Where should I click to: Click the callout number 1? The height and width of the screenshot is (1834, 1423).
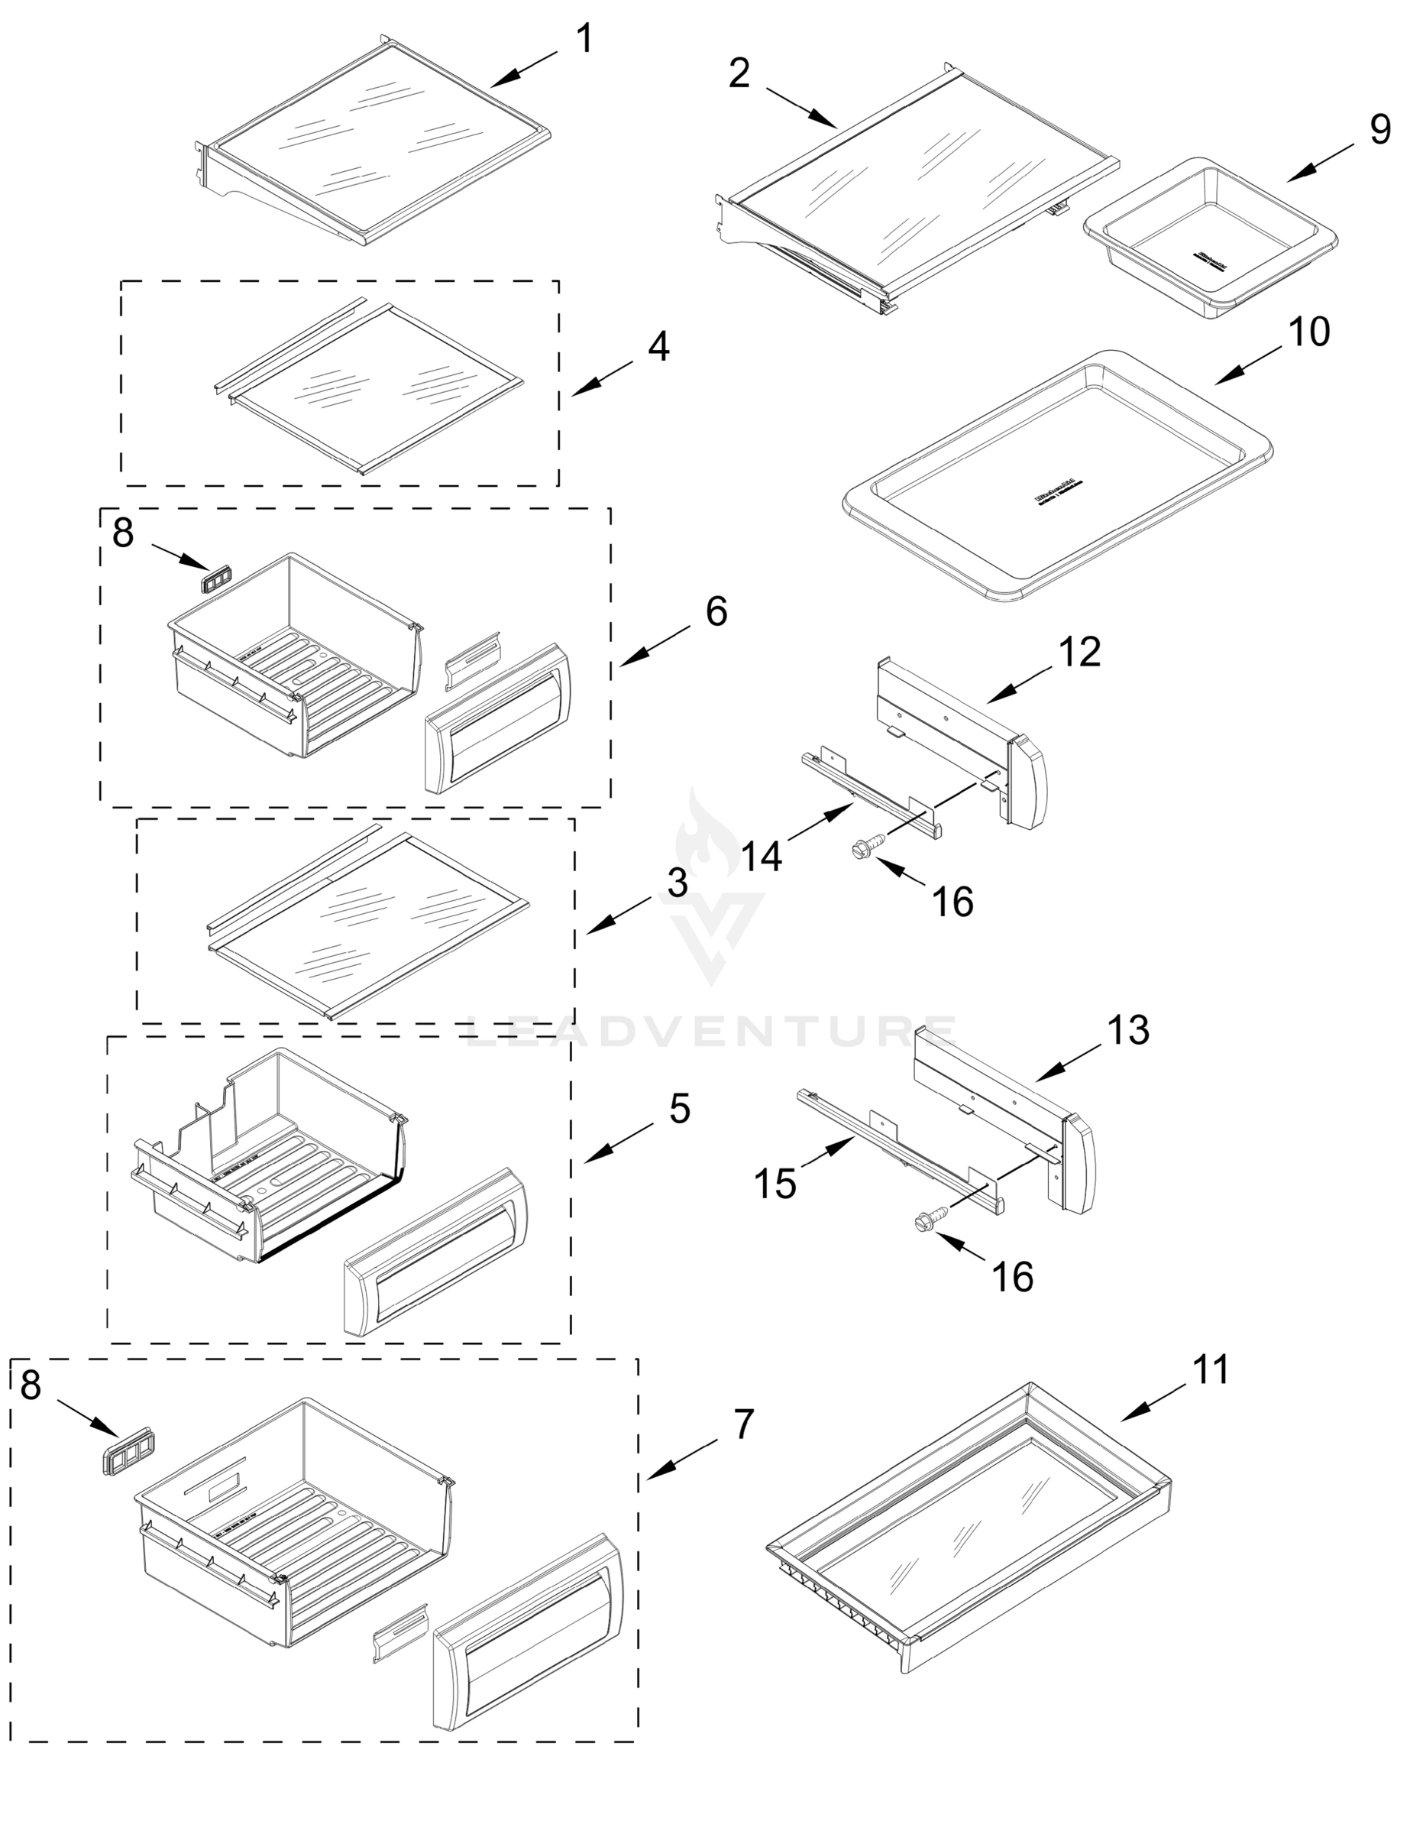[x=585, y=40]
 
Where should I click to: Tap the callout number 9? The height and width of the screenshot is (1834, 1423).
[x=1380, y=129]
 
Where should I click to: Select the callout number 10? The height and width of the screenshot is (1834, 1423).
[x=1309, y=332]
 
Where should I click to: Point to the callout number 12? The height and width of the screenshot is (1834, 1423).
[x=1079, y=653]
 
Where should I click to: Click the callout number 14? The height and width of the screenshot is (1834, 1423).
[x=762, y=857]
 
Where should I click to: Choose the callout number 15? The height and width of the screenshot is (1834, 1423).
[x=775, y=1184]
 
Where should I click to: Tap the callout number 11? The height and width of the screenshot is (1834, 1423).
[x=1211, y=1369]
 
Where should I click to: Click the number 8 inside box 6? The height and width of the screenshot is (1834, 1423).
[x=124, y=533]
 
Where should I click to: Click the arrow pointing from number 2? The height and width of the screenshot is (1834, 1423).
[x=801, y=109]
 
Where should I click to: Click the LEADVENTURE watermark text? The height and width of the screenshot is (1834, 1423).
[x=711, y=1030]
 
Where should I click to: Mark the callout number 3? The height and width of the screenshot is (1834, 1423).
[x=678, y=883]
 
